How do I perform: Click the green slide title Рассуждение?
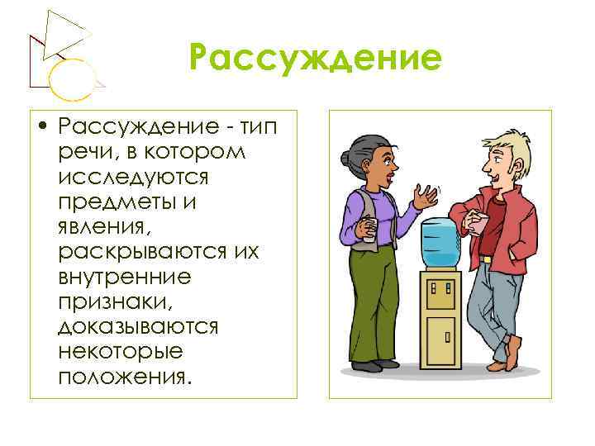315,59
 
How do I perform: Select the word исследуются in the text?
133,177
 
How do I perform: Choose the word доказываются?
138,326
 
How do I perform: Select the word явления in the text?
104,226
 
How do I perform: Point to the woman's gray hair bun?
346,158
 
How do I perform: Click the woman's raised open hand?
426,197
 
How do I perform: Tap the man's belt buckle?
486,259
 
